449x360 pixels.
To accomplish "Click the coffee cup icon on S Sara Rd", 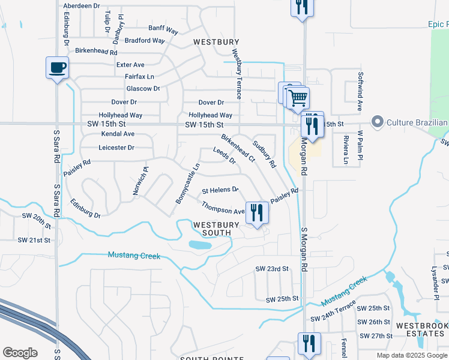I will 58,67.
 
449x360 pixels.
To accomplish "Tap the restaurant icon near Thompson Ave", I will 258,212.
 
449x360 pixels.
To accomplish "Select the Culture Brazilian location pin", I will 378,123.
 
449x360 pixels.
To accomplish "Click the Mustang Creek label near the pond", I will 134,256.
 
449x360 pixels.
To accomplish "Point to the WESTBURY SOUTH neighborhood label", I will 216,229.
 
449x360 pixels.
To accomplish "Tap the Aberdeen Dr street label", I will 82,5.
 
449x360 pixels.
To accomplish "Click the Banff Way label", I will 163,28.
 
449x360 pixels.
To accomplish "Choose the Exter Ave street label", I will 130,65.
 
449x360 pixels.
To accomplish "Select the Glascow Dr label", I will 139,89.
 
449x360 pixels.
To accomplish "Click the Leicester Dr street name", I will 116,148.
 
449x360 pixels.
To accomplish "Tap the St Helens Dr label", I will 220,190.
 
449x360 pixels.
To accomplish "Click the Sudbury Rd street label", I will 264,154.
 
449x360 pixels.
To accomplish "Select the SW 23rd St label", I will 272,269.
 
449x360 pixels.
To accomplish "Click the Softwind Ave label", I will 360,92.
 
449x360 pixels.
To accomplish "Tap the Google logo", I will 20,353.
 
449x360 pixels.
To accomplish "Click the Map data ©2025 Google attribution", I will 412,355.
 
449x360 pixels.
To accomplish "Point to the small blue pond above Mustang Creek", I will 199,245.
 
